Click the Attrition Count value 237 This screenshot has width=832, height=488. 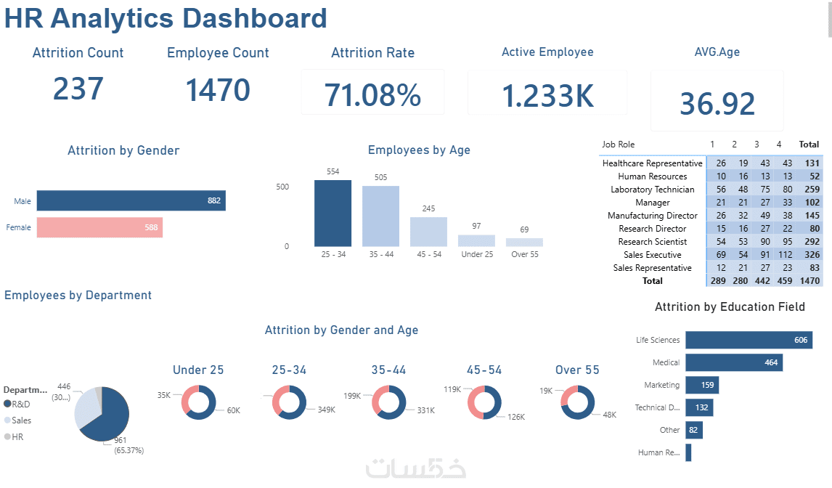[78, 89]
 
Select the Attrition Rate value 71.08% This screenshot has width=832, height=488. [372, 95]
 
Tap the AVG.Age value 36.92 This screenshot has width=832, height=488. [717, 104]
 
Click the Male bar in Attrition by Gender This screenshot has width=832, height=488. [131, 200]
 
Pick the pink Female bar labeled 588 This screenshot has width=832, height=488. [99, 227]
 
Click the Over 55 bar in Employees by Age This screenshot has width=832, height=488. [524, 243]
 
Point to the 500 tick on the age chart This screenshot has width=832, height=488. [282, 187]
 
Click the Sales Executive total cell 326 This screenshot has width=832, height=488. [809, 255]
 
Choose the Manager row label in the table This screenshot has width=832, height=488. [652, 203]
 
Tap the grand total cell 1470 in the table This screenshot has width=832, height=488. [808, 280]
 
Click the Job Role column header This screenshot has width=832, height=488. [618, 145]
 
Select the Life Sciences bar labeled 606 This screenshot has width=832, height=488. [747, 340]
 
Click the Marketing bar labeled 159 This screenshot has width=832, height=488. [701, 385]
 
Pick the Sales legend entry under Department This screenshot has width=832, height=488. [21, 420]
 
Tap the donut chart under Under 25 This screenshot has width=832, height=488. [198, 402]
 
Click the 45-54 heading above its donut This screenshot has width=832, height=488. [484, 370]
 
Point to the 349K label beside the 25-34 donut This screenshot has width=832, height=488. [327, 410]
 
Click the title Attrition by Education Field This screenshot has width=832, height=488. [730, 307]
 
